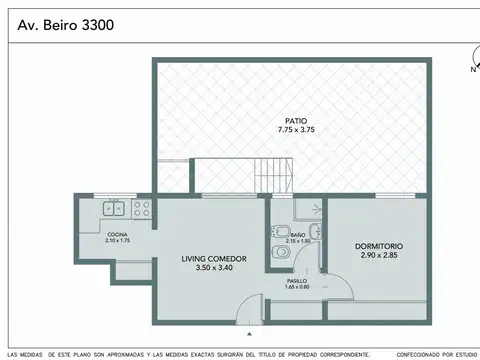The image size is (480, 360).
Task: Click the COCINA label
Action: tap(117, 234)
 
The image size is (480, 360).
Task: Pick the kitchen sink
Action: tap(116, 209)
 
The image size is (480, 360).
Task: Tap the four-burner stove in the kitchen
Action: tap(141, 209)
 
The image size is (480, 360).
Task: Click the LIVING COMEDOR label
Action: tap(207, 259)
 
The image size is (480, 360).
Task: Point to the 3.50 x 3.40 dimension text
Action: tap(207, 269)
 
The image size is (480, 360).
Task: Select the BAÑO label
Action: tap(298, 234)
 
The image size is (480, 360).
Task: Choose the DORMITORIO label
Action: tap(379, 246)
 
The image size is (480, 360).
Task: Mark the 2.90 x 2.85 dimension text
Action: tap(379, 256)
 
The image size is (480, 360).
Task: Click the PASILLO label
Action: tap(298, 282)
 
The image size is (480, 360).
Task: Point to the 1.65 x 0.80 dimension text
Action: tap(298, 288)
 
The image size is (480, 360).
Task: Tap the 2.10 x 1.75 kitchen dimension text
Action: tap(117, 240)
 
